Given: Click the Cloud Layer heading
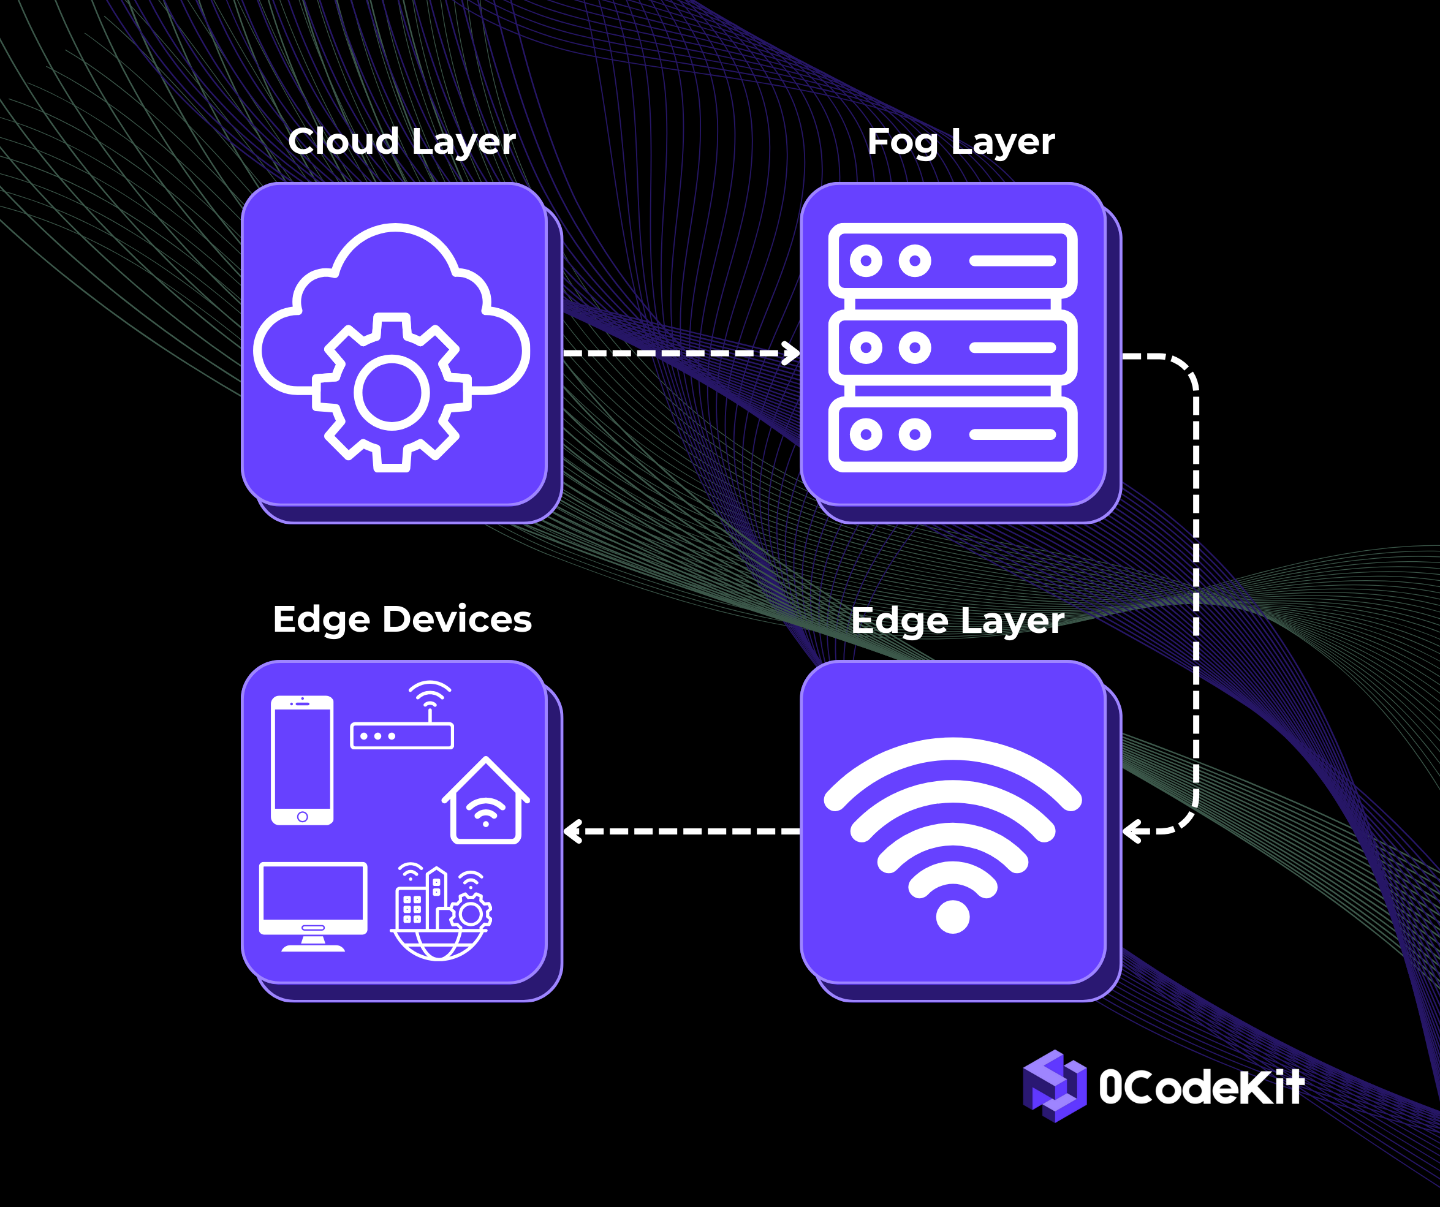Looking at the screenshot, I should [x=401, y=142].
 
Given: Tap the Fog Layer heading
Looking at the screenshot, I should [x=961, y=142].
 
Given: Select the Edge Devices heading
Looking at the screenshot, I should [x=402, y=619].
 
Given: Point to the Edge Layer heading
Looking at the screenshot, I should [x=957, y=621].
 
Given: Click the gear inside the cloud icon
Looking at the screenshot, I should [x=392, y=393].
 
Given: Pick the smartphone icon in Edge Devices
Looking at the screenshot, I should [x=303, y=760].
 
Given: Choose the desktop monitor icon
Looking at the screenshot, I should [x=313, y=906].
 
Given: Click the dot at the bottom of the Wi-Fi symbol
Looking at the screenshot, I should [x=952, y=916].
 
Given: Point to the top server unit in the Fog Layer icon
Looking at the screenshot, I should [x=952, y=260].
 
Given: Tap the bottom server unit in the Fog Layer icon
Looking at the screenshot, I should [x=952, y=435].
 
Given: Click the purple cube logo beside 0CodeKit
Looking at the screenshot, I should [x=1054, y=1086].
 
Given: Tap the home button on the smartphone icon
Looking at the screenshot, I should [x=303, y=817].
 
